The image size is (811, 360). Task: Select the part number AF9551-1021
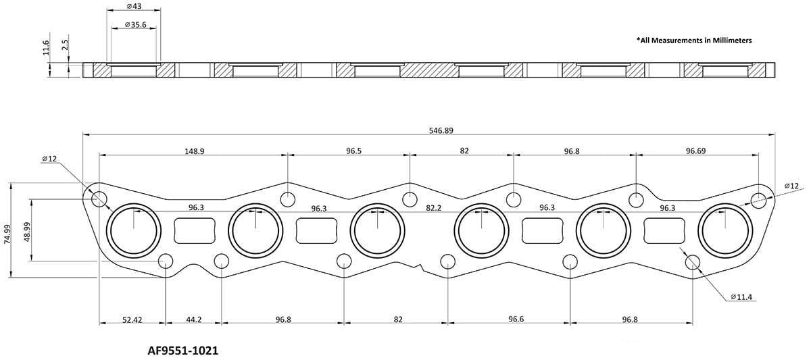click(x=182, y=351)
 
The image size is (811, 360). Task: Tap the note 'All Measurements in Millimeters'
click(x=694, y=41)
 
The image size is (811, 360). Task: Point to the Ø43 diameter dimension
click(x=134, y=6)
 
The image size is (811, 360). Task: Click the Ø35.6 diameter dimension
click(x=134, y=25)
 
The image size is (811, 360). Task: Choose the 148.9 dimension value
click(x=193, y=151)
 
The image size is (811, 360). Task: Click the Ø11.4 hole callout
click(x=743, y=296)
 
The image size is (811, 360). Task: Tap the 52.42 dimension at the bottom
click(x=132, y=319)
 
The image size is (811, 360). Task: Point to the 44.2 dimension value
click(x=193, y=319)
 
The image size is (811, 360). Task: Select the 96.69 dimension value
click(x=696, y=151)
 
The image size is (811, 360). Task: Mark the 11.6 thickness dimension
click(x=45, y=49)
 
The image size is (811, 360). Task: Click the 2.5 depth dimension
click(x=64, y=46)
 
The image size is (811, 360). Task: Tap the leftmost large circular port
click(x=132, y=230)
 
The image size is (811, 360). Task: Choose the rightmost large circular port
click(x=724, y=230)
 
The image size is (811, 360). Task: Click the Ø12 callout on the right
click(x=791, y=186)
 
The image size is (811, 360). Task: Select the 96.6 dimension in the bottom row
click(x=516, y=319)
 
